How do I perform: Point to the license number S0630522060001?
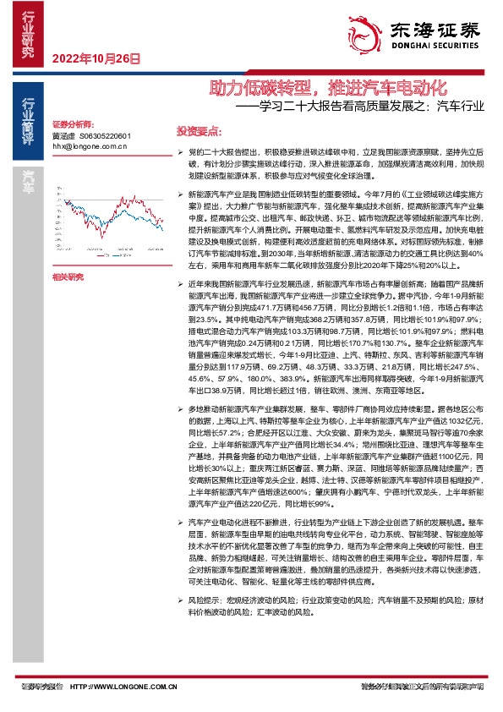coord(104,135)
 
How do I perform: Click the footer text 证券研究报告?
coord(41,687)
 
